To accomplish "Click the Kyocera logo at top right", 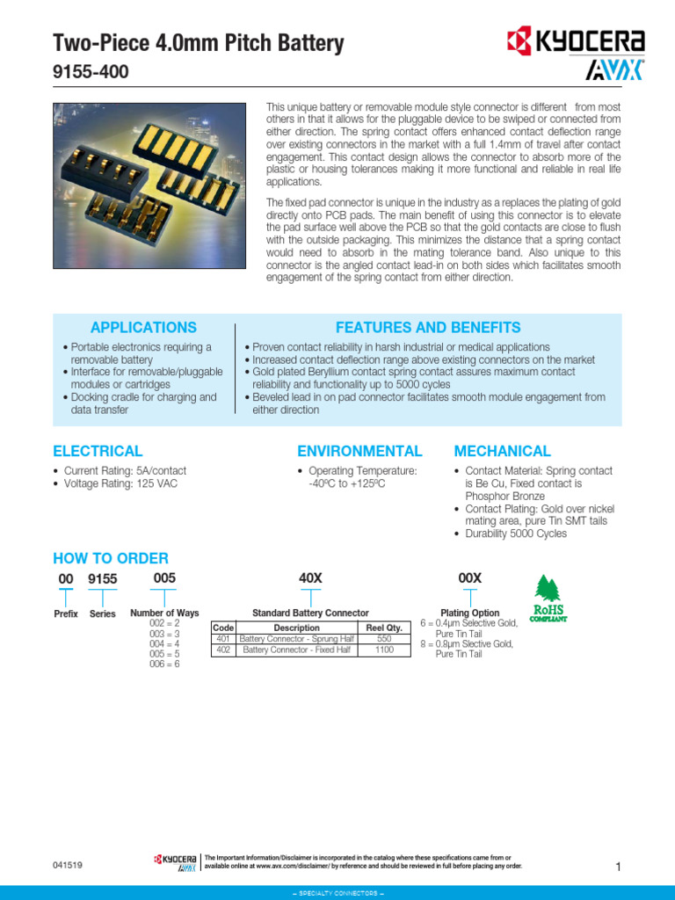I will point(576,40).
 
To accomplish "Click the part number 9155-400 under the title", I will point(91,72).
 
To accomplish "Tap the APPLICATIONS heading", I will point(144,327).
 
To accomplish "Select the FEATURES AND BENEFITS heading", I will point(428,327).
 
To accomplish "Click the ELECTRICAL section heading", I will point(98,451).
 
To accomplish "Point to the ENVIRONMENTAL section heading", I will point(359,451).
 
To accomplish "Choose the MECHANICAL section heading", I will point(502,451).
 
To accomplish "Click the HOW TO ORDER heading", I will point(111,558).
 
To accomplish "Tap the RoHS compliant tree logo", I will point(547,598).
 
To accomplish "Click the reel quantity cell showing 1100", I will point(383,650).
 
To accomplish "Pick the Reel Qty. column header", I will point(383,628).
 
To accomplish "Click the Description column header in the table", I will point(296,628).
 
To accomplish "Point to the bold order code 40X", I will point(311,577).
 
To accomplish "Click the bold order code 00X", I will point(470,577).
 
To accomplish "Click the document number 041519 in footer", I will point(68,866).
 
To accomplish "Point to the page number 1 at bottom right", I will point(618,867).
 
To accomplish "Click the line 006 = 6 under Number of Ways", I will point(163,664).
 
